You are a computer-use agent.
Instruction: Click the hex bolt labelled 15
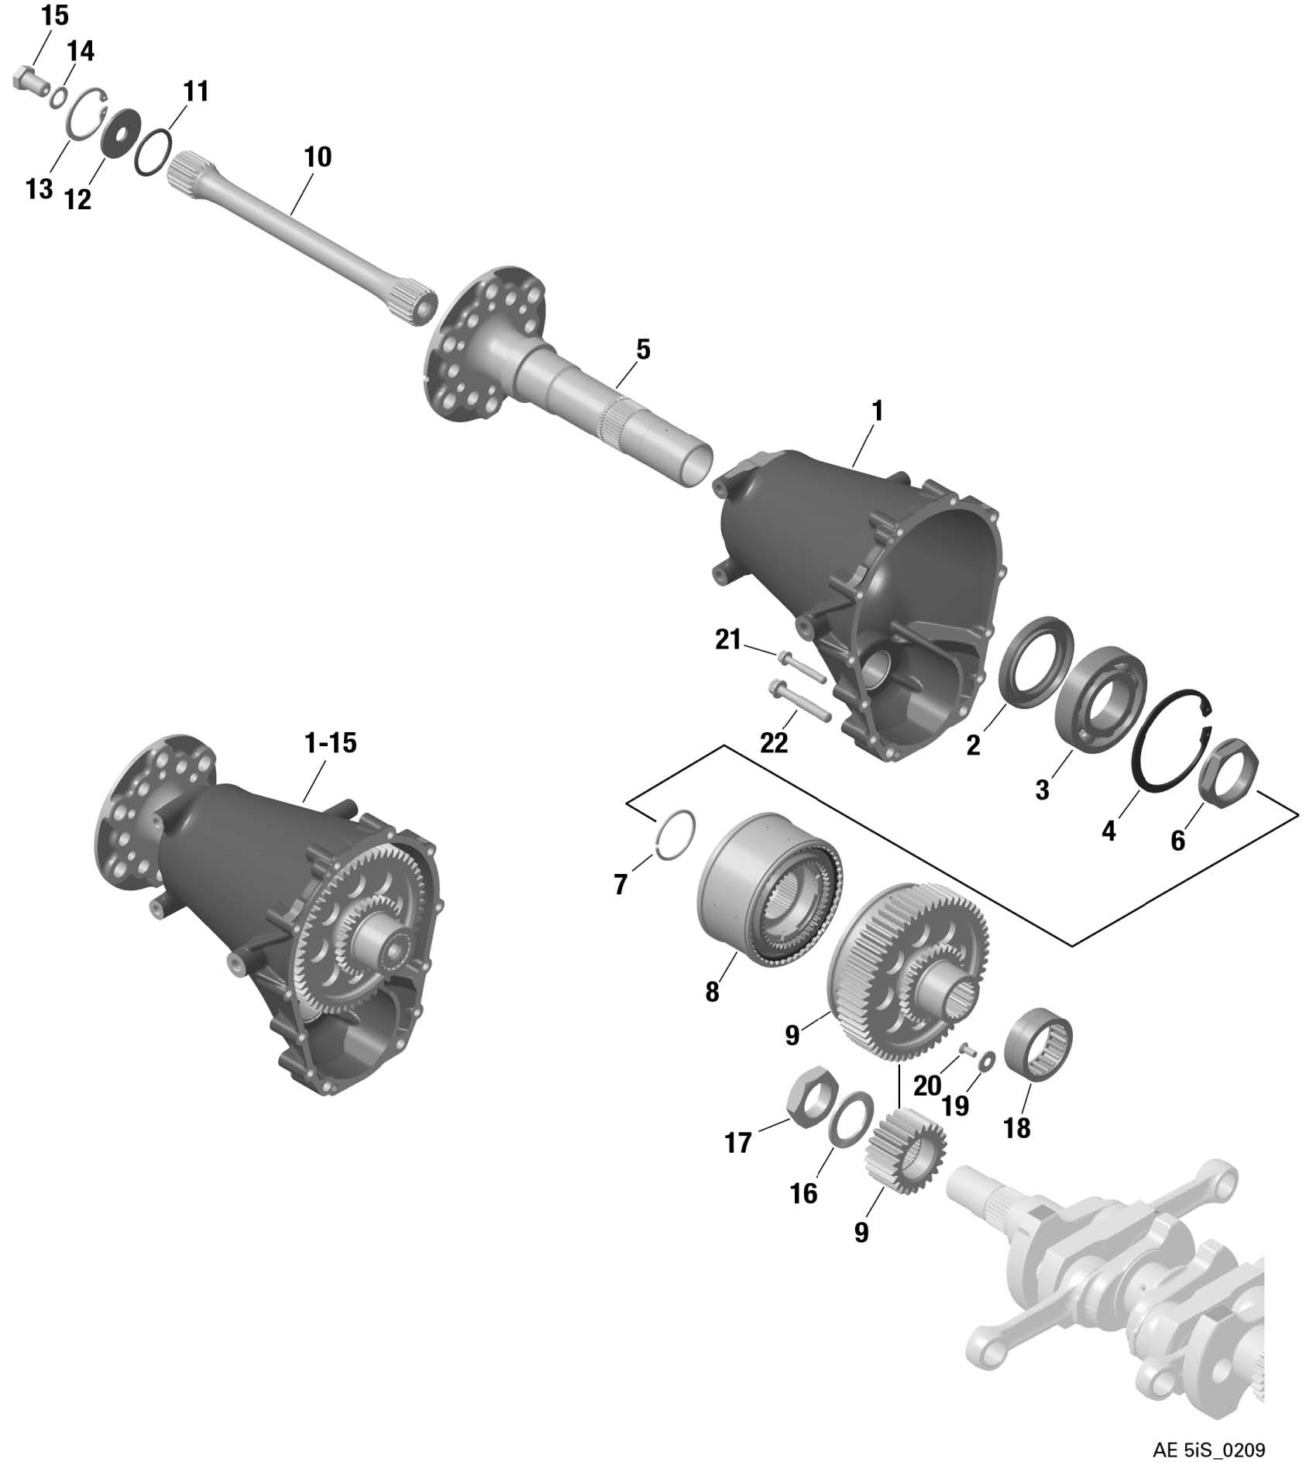pyautogui.click(x=29, y=80)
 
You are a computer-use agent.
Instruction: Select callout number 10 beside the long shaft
pyautogui.click(x=318, y=157)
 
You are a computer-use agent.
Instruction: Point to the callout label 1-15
pyautogui.click(x=330, y=743)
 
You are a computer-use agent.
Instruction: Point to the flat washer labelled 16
pyautogui.click(x=851, y=1117)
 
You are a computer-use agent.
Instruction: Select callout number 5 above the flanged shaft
pyautogui.click(x=643, y=350)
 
